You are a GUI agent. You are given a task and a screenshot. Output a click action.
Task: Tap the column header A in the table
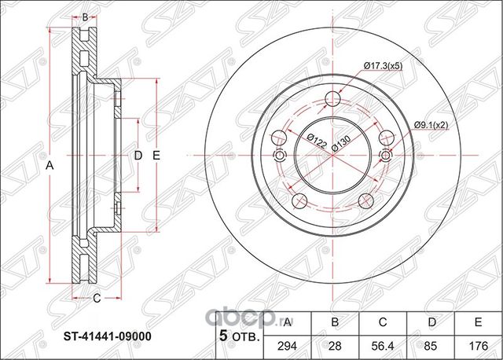coord(287,321)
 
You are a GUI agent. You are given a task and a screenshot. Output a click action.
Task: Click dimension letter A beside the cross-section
coord(50,165)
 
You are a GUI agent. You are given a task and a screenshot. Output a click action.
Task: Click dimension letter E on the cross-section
coord(156,155)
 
